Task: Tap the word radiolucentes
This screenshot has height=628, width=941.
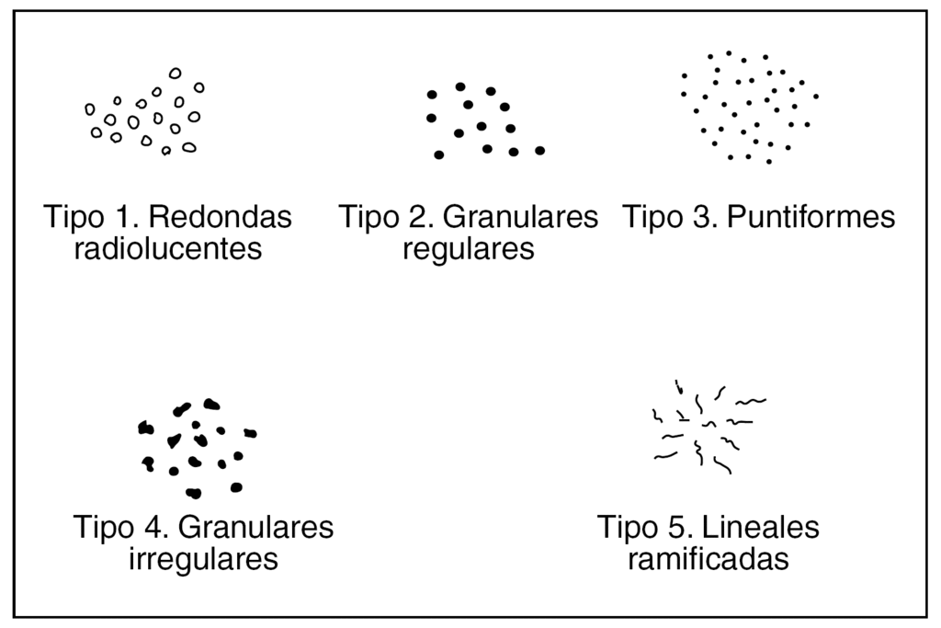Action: (x=168, y=248)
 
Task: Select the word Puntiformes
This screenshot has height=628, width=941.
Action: (x=811, y=218)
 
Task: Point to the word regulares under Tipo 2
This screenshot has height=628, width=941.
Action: (x=469, y=248)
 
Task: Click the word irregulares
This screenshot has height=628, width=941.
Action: (x=203, y=558)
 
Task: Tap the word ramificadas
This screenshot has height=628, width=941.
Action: (x=708, y=558)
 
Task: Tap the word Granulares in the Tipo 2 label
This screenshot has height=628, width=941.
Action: (x=520, y=218)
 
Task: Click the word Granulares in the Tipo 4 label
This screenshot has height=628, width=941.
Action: (x=255, y=528)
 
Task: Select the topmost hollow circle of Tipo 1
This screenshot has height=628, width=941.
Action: (x=175, y=73)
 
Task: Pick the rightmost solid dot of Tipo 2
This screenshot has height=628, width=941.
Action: (x=540, y=150)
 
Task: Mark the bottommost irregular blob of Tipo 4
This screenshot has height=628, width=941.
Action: (x=193, y=493)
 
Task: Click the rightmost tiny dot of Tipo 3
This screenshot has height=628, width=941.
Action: (x=815, y=96)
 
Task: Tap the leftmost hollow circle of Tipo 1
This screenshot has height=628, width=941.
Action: (x=90, y=109)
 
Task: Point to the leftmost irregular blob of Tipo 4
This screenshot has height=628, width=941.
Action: (x=144, y=428)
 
